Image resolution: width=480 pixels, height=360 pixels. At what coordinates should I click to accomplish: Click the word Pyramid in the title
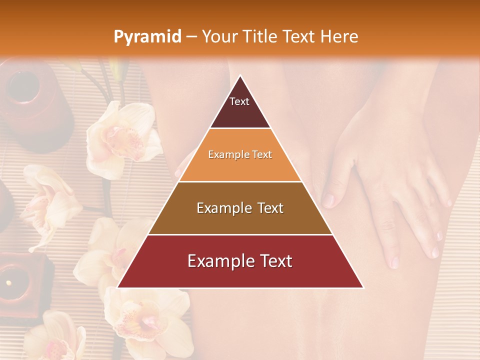147,37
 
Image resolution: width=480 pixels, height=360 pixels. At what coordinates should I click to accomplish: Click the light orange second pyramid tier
240,155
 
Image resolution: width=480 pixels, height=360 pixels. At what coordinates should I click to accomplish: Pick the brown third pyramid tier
240,208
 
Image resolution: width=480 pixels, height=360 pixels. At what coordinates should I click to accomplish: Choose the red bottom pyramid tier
240,261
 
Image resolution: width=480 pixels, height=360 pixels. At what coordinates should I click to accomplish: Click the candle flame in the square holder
8,283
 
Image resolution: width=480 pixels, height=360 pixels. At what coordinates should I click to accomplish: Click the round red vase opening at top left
22,85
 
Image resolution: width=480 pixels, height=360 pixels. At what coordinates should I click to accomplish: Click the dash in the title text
191,37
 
